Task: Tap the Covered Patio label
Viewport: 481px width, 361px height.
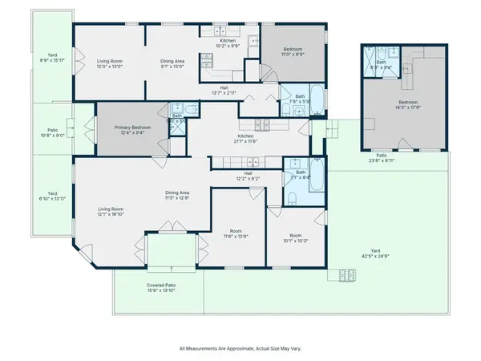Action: pyautogui.click(x=161, y=286)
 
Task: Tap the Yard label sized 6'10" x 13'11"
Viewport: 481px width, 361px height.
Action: pyautogui.click(x=51, y=193)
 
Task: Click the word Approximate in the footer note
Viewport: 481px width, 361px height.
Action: pyautogui.click(x=237, y=348)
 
